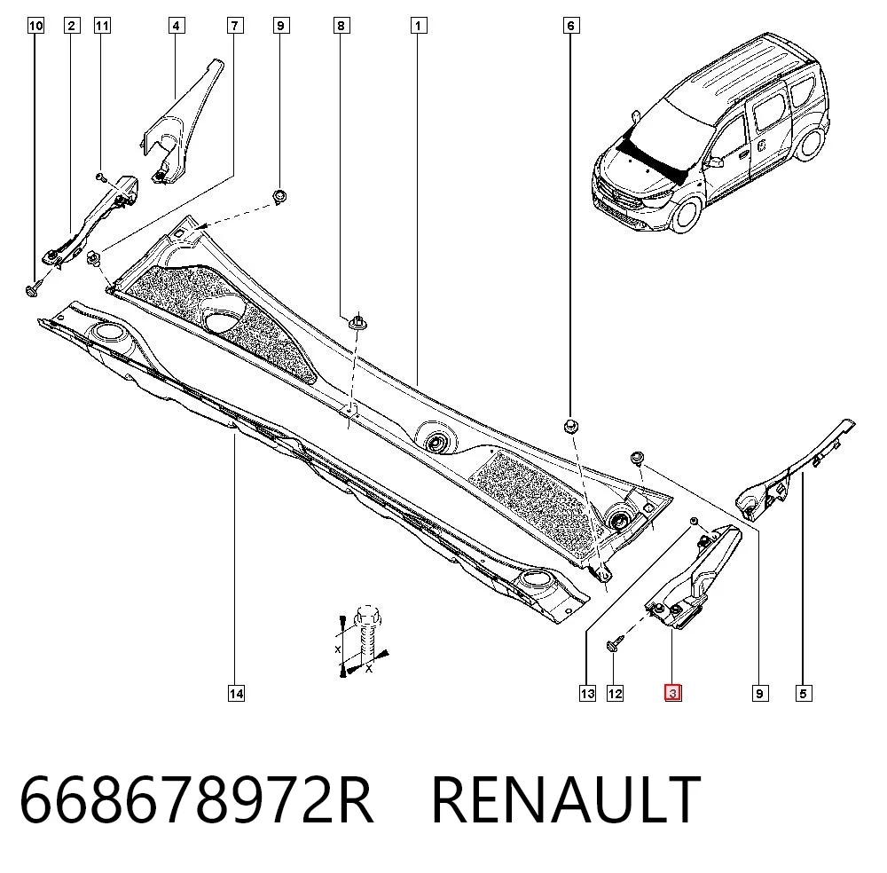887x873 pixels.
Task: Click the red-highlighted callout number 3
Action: [x=672, y=693]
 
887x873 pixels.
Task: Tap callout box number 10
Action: [x=35, y=26]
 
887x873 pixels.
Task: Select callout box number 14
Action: [x=236, y=693]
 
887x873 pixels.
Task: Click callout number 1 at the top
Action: [x=418, y=26]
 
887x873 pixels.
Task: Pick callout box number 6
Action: [x=570, y=26]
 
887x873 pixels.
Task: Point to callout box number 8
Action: [x=341, y=26]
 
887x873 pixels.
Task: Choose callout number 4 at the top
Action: [x=176, y=26]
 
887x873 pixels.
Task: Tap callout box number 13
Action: [x=588, y=693]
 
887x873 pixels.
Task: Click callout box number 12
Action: [x=615, y=693]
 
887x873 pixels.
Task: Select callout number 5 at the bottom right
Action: [x=804, y=693]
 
